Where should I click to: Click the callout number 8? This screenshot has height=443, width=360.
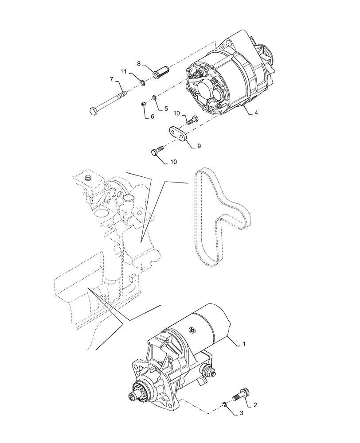(x=138, y=63)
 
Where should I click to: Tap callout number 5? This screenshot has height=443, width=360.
(x=166, y=108)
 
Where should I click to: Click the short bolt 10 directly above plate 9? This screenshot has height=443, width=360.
(x=192, y=120)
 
